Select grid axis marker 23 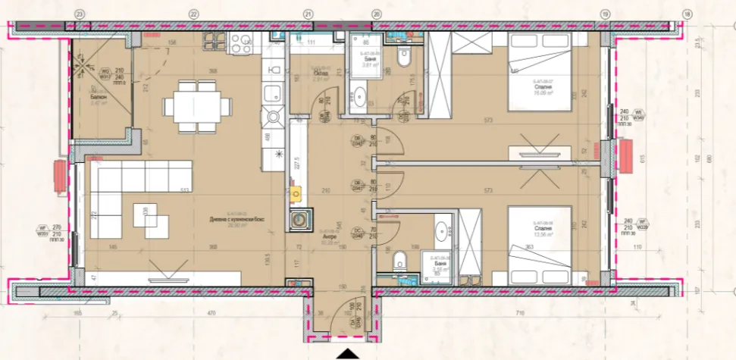pyautogui.click(x=80, y=14)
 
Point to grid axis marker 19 pyautogui.click(x=605, y=14)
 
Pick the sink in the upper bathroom pyautogui.click(x=359, y=97)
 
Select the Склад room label pyautogui.click(x=321, y=72)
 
